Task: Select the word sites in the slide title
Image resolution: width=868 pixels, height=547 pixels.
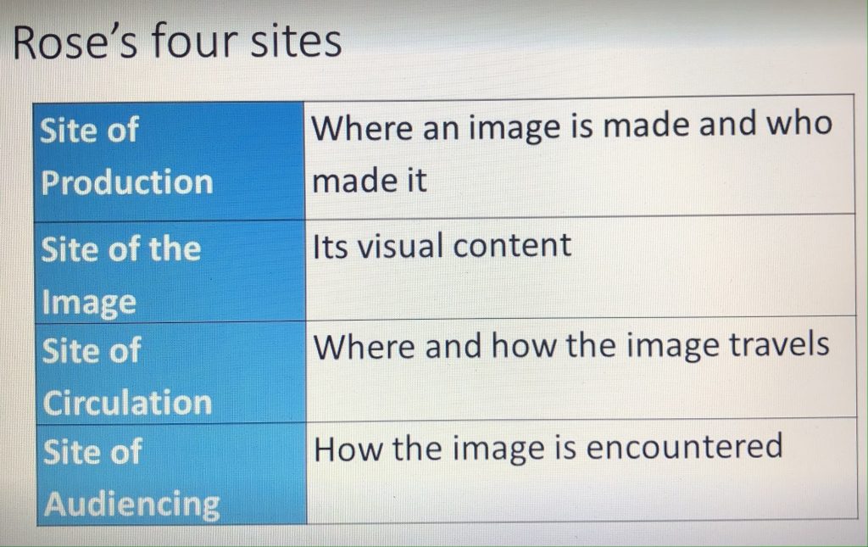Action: [296, 41]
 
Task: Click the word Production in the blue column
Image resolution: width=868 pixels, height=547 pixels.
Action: [127, 182]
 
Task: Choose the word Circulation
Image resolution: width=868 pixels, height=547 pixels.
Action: [127, 402]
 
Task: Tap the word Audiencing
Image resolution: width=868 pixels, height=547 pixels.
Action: [131, 505]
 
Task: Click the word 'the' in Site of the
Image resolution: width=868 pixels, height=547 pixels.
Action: [174, 248]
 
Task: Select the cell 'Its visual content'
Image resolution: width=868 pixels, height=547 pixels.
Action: [581, 265]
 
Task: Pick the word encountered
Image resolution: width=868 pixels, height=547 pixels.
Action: [684, 446]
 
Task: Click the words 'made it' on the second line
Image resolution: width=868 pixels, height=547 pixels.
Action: [370, 180]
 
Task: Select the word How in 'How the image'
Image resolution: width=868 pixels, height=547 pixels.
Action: [348, 449]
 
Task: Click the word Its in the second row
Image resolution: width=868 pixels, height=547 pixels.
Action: [330, 246]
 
